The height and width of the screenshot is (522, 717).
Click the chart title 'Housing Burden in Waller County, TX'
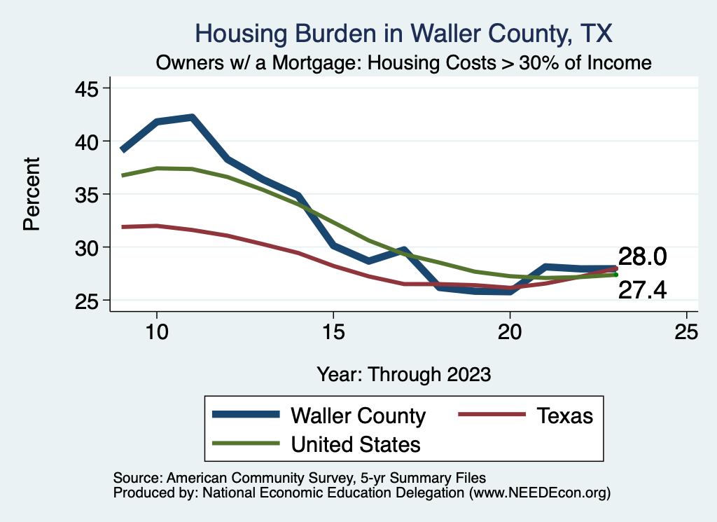pos(404,33)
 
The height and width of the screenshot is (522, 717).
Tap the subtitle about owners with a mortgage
pos(404,63)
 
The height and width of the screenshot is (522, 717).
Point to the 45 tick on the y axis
pos(88,88)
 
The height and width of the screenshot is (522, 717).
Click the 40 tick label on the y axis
pos(88,142)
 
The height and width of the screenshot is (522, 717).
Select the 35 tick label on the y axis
pos(88,194)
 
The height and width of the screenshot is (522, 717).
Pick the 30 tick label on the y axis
pos(88,247)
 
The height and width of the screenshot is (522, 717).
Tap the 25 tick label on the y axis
pos(88,301)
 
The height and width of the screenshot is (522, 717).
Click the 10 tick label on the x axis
pos(157,332)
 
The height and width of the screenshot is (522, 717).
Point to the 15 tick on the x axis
pos(333,332)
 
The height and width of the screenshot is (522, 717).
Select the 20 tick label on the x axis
pos(510,332)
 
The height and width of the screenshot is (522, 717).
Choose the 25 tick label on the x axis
pos(686,332)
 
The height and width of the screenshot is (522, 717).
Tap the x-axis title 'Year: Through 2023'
pos(404,373)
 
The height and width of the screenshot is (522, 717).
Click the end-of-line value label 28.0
pos(641,257)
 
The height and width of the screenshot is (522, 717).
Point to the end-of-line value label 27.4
pos(641,290)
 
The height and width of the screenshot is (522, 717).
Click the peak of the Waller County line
pos(191,117)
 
